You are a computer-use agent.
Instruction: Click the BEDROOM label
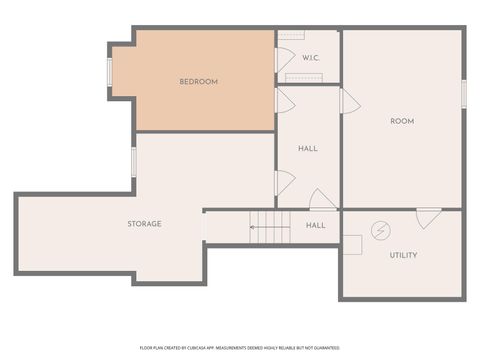pos(198,81)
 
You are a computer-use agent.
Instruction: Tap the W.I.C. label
pos(310,56)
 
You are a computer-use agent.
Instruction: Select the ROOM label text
pos(401,121)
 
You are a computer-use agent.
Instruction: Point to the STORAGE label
pos(144,223)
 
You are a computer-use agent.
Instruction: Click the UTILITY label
pos(403,255)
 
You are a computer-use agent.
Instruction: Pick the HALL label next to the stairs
pos(315,225)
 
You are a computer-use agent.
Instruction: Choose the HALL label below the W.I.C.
pos(307,148)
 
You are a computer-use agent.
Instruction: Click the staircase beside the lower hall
pos(269,227)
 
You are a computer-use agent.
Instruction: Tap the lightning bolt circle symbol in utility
pos(380,231)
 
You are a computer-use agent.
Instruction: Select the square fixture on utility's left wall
pos(351,244)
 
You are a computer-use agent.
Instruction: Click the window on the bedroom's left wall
pos(111,72)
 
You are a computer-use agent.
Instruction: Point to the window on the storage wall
pos(133,162)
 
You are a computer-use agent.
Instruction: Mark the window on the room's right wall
pos(463,92)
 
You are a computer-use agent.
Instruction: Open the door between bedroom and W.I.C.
pos(285,60)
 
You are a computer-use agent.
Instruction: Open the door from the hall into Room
pos(349,101)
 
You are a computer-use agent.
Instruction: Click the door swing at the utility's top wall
pos(427,217)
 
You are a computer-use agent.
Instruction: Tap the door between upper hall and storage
pos(285,182)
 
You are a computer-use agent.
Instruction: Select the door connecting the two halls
pos(322,200)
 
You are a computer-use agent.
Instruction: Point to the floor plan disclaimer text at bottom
pos(240,346)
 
